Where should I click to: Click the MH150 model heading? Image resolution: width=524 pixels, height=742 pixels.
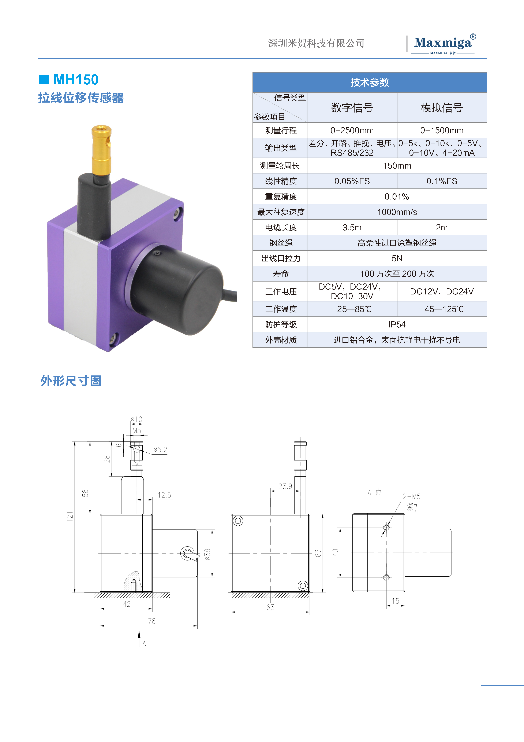coord(76,80)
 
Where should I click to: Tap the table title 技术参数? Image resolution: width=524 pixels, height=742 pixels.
coord(370,82)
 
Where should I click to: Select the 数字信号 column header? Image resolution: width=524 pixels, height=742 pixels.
coord(352,108)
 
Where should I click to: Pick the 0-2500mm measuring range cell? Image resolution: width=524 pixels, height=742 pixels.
coord(352,130)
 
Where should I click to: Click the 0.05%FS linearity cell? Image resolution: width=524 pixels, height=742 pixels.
coord(352,181)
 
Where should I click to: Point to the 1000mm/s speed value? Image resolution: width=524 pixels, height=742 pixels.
coord(397,212)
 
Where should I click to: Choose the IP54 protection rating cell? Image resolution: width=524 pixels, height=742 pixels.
coord(397,324)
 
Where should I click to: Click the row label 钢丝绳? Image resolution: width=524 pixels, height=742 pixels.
coord(281,243)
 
